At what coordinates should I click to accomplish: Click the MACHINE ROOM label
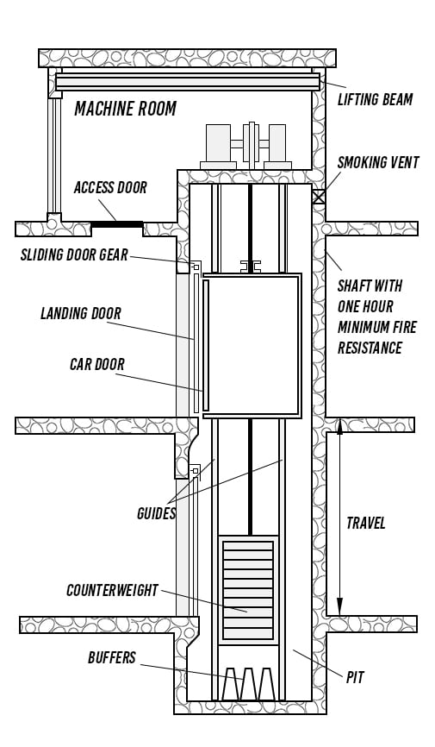click(x=125, y=109)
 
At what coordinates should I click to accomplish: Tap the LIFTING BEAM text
click(x=375, y=99)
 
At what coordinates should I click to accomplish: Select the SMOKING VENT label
click(x=378, y=162)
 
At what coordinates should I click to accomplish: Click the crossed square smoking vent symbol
click(x=319, y=197)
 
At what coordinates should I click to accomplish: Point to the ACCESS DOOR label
click(x=110, y=188)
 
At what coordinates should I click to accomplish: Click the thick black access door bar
click(x=116, y=224)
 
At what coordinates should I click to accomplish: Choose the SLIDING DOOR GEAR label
click(x=74, y=254)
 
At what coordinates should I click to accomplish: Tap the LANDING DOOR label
click(x=81, y=313)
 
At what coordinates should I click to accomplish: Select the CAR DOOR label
click(x=97, y=365)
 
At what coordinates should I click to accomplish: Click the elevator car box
click(x=252, y=345)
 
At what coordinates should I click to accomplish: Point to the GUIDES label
click(x=156, y=513)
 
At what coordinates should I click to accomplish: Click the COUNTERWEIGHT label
click(x=112, y=590)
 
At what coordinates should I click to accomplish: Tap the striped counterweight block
click(x=248, y=590)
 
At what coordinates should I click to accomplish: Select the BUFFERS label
click(x=112, y=658)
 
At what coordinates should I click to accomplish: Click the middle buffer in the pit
click(x=248, y=684)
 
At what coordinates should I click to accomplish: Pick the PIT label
click(x=355, y=677)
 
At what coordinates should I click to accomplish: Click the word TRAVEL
click(x=365, y=523)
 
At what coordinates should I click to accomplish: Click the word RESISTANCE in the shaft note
click(x=370, y=348)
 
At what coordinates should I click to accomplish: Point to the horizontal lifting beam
click(x=188, y=81)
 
